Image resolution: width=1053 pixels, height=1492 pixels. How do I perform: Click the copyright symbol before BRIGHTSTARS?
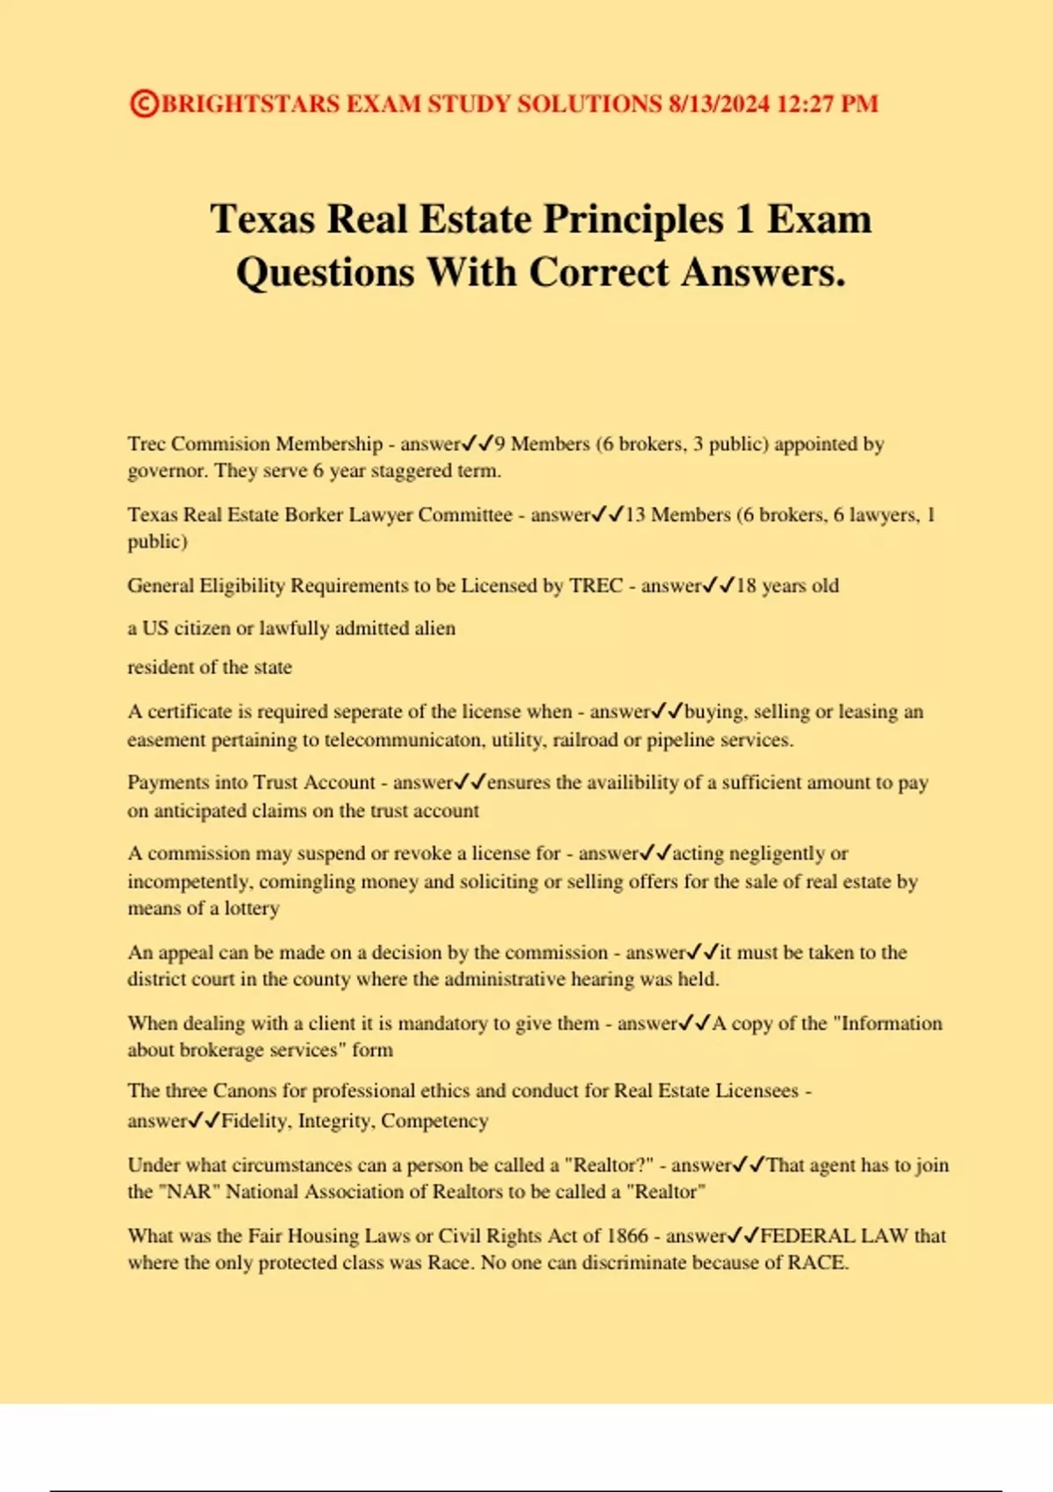point(144,104)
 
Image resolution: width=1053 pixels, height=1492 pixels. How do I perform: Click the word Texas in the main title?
point(262,219)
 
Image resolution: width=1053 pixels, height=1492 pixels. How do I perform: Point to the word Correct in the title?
point(598,272)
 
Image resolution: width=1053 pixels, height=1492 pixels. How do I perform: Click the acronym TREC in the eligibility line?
point(596,585)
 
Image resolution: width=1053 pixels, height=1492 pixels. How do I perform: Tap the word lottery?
point(252,908)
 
